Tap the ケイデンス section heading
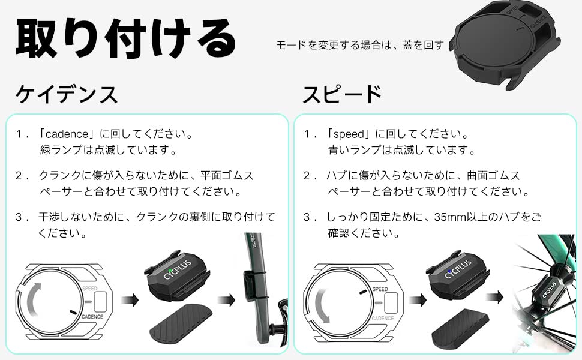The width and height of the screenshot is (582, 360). (x=67, y=94)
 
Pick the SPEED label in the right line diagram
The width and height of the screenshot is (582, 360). (x=380, y=289)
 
